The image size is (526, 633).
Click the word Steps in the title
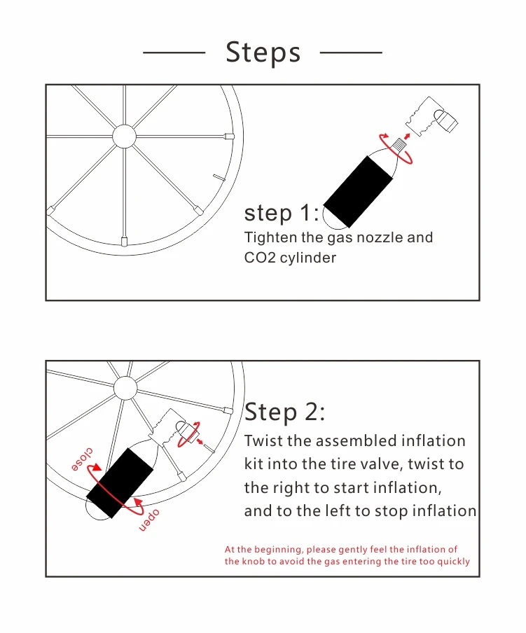click(263, 53)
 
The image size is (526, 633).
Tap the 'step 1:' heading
click(282, 212)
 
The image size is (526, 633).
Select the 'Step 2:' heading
click(284, 412)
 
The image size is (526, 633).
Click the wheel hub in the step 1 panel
click(125, 137)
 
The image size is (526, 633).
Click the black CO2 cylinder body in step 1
click(358, 191)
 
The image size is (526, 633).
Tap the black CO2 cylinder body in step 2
click(120, 483)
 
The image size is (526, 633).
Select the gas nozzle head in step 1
click(432, 117)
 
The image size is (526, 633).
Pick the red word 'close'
click(83, 459)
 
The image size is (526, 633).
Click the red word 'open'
click(149, 520)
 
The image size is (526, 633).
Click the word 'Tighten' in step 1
click(270, 237)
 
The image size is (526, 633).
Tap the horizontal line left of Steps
click(174, 52)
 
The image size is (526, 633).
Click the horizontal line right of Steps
click(351, 52)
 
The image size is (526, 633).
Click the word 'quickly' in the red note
click(455, 562)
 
